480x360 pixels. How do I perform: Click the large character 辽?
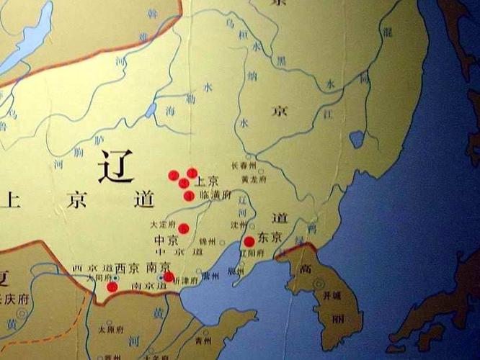tap(116, 167)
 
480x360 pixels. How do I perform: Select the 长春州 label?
tap(244, 165)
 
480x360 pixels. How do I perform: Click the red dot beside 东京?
tap(249, 241)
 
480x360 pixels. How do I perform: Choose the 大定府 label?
tap(164, 225)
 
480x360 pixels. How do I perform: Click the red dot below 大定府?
tap(184, 228)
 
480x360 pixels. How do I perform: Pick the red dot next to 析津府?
tap(168, 276)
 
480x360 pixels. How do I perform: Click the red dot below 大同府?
tap(112, 287)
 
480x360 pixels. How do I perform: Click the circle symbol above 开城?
tap(319, 284)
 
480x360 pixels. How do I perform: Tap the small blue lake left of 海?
tap(151, 109)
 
